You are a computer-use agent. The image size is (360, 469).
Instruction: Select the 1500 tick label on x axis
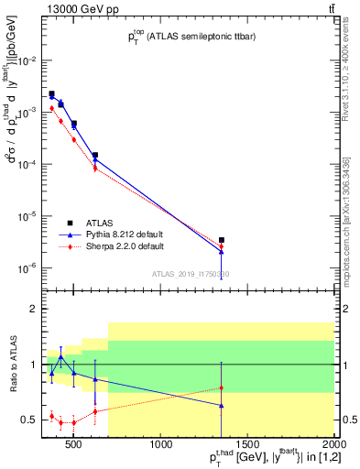(247, 446)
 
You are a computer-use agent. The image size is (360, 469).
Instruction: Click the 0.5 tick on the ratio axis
(29, 420)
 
